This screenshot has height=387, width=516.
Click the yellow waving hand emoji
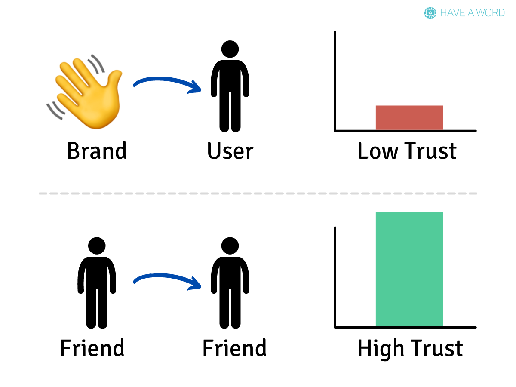[88, 95]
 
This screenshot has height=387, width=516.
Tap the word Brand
[97, 151]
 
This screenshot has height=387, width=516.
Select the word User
[230, 151]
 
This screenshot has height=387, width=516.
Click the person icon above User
[230, 86]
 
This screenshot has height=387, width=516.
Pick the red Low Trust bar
[409, 117]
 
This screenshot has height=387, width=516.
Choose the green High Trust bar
[409, 269]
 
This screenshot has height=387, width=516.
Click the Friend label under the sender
[92, 348]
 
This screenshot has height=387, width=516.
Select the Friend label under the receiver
[234, 348]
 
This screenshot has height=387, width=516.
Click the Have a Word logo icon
[430, 13]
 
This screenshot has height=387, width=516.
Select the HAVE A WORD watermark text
[472, 13]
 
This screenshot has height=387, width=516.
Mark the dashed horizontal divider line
[258, 193]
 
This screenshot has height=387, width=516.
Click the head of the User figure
[230, 49]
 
